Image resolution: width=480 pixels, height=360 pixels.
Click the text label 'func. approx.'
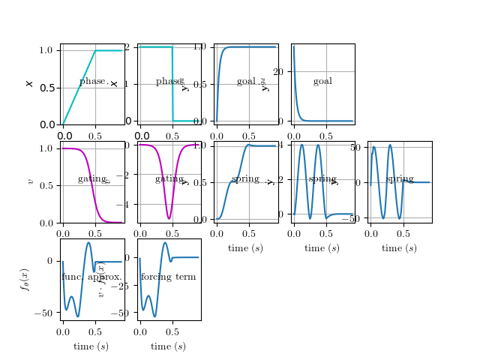(91, 277)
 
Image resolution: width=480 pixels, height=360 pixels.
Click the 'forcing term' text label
(168, 277)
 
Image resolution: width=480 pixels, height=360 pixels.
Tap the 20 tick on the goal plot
(279, 71)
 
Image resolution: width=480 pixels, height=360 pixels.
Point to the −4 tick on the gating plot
(125, 204)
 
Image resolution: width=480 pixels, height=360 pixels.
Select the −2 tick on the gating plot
(125, 175)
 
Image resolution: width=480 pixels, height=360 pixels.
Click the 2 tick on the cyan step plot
(127, 47)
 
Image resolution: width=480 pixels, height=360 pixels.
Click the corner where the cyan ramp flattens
(95, 50)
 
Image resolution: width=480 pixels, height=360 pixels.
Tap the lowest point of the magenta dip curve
(169, 218)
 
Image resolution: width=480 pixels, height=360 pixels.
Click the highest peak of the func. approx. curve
(88, 242)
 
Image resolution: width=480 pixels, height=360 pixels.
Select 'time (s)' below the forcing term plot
(168, 346)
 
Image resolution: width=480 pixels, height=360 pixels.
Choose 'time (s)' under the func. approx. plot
(91, 346)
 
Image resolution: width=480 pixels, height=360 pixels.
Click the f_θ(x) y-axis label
(25, 280)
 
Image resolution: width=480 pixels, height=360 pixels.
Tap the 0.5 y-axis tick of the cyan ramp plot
(46, 88)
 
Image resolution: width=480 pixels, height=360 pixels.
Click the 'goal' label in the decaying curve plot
(322, 82)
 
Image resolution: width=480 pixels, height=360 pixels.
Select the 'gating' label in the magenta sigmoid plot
(91, 179)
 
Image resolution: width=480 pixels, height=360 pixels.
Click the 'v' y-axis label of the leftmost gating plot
(30, 181)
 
